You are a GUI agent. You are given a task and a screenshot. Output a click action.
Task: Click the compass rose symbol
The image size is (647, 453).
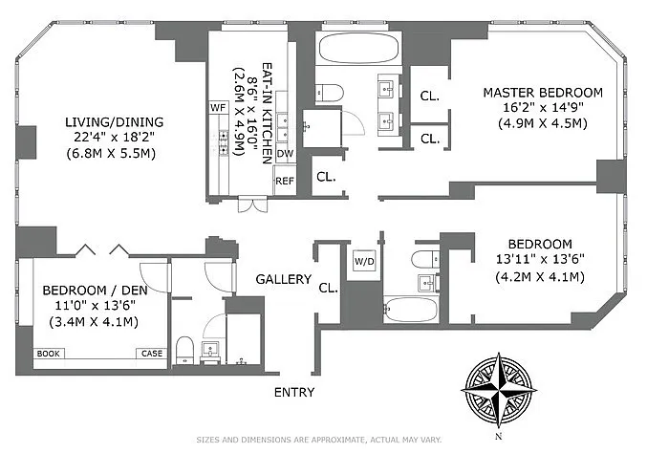pos(499,390)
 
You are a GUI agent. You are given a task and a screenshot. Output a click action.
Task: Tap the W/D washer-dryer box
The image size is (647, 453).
pos(364,262)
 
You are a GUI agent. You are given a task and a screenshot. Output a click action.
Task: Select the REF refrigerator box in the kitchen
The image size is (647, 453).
pos(285,181)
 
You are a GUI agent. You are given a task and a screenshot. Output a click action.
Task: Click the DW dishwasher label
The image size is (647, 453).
pos(285,154)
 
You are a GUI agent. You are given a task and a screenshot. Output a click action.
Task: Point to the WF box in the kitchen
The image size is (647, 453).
pos(218,108)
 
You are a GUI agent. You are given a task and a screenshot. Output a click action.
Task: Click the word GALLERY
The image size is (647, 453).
pos(284,279)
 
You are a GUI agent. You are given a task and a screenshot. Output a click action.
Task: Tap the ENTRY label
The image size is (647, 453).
pos(294,392)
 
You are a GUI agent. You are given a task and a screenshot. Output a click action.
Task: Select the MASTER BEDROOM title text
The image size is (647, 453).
pos(543,93)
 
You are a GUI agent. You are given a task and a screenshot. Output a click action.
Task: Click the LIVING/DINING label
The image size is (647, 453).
pos(115,122)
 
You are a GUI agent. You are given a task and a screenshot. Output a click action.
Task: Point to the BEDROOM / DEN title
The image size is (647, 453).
pos(95,290)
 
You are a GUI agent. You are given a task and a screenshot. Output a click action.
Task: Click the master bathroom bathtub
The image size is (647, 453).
pos(358,48)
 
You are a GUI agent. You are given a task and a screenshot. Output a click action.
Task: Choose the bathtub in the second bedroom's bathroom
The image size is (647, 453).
pos(411,310)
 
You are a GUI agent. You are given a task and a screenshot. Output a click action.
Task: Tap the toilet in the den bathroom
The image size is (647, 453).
pos(184,351)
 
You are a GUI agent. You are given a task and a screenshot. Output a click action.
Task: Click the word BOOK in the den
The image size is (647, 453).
pos(49,354)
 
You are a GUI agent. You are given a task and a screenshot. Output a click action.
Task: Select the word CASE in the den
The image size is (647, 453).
pos(152,354)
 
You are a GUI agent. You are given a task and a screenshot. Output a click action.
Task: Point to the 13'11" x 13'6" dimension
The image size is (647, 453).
pos(540,259)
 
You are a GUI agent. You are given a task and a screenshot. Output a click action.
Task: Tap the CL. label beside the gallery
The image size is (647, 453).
pos(328,288)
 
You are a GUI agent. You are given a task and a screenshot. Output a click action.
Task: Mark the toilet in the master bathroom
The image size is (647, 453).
pos(330,93)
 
